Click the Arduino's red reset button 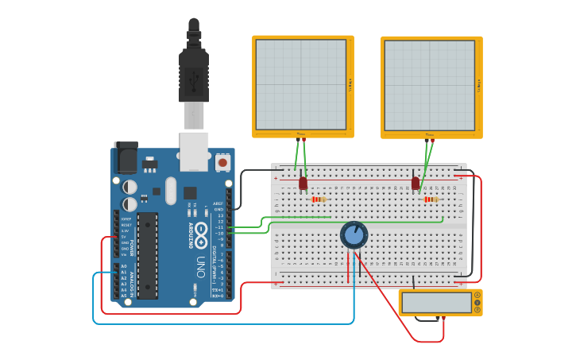coord(222,162)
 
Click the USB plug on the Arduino coord(194,72)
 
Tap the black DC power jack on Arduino coord(126,158)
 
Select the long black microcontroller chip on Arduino coord(147,255)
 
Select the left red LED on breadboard coord(303,184)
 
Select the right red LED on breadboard coord(416,184)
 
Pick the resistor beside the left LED coord(319,199)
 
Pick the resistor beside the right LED coord(431,199)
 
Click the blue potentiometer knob coord(354,234)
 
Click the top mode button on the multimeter coord(477,295)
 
